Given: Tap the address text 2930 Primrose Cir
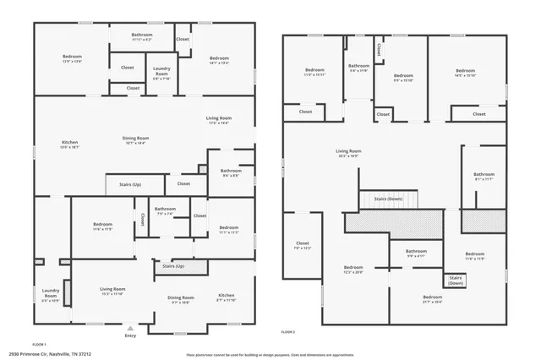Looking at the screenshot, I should (x=51, y=354).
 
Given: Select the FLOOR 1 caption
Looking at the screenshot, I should (x=40, y=344).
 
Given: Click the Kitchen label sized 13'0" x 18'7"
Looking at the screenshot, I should (x=69, y=144).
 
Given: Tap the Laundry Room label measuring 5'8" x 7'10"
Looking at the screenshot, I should (x=161, y=75).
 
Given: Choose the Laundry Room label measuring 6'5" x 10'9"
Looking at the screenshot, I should (x=51, y=296).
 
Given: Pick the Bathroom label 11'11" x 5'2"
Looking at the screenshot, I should (x=141, y=37).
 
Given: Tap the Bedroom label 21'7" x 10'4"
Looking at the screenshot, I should (x=432, y=298).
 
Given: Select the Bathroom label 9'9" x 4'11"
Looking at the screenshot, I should (x=416, y=253).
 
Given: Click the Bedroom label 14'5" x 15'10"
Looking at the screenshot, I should (x=465, y=73).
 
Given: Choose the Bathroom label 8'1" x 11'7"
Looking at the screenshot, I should (x=484, y=177).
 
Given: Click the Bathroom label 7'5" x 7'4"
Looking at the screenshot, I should (x=165, y=211).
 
